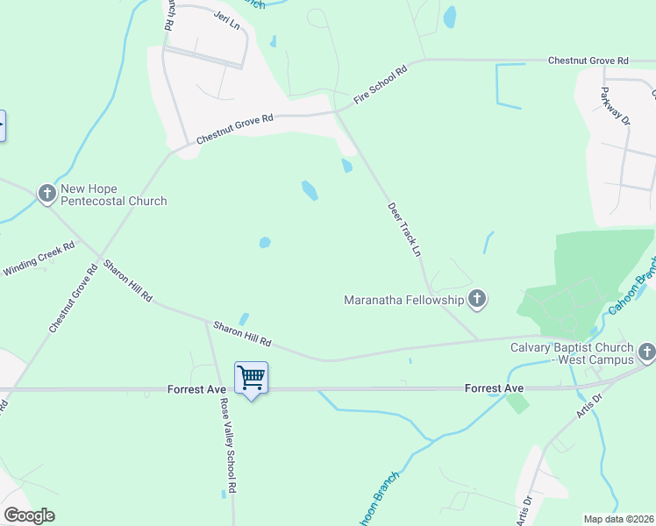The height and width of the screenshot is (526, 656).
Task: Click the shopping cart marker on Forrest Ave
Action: coord(251,379)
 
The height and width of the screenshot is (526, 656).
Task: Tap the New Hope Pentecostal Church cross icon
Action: coord(47,192)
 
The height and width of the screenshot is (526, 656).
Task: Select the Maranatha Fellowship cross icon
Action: coord(477,301)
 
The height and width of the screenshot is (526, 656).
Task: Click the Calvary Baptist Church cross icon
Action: coord(647,352)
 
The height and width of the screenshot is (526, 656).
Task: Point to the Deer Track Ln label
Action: coord(405,230)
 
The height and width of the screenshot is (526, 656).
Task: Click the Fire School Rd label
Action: coord(381,86)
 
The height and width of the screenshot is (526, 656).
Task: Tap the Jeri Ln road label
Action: coord(226,20)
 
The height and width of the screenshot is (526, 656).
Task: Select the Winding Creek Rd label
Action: coord(39,259)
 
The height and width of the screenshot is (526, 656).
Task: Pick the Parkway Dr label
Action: coord(616,107)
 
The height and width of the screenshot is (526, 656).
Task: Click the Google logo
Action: coord(28,515)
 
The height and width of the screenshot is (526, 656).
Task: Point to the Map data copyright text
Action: coord(618,519)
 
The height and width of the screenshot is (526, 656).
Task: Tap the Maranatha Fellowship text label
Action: coord(403,301)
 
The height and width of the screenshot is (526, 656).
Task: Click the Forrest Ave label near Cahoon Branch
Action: coord(494,388)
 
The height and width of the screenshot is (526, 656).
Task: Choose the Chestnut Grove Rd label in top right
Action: coord(588,60)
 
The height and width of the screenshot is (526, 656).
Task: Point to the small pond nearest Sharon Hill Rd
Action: coord(244,320)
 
